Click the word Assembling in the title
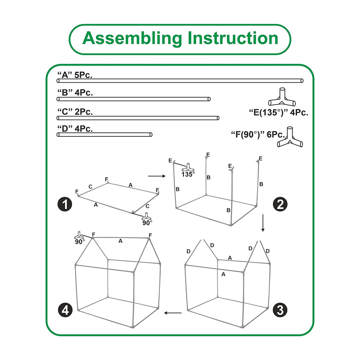pos(132,38)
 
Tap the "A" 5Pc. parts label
pos(75,75)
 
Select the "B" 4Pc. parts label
pos(75,93)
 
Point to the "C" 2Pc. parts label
pos(75,112)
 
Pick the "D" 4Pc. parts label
pos(75,129)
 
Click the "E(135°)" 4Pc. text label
pos(279,113)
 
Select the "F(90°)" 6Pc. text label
pos(258,135)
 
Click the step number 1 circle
pos(65,204)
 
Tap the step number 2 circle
pos(280,204)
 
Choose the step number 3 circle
pos(280,310)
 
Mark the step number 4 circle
pos(65,310)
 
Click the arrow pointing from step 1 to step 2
pos(157,176)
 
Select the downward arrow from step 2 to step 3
pos(263,223)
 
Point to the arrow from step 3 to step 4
pos(173,313)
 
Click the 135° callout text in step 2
pos(188,174)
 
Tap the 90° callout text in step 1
pos(147,223)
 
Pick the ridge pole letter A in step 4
pos(120,241)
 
